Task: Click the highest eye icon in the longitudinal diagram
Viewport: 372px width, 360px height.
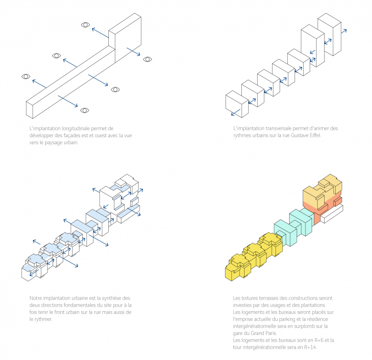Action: point(85,25)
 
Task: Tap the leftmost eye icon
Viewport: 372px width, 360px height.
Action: point(26,76)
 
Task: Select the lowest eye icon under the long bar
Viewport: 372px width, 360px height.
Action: point(84,110)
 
